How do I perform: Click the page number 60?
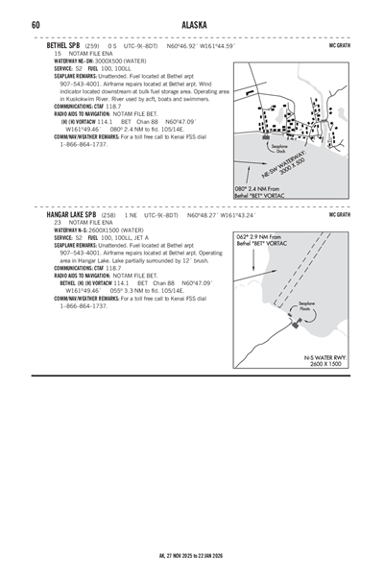[x=35, y=25]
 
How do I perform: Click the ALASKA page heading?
[x=192, y=25]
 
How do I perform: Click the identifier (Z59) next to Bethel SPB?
[x=91, y=45]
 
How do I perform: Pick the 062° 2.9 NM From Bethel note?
[x=259, y=240]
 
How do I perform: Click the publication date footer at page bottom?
[x=192, y=554]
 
